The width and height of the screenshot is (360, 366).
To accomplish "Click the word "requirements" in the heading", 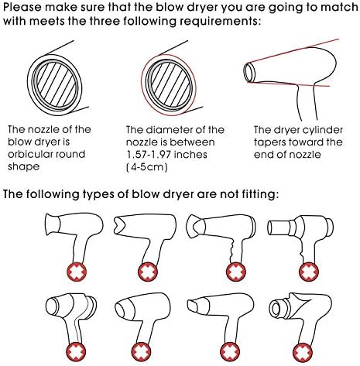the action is pyautogui.click(x=219, y=21).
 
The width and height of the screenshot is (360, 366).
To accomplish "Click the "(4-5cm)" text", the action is pyautogui.click(x=147, y=167).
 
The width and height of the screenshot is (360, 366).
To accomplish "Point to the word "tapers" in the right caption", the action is pyautogui.click(x=269, y=142).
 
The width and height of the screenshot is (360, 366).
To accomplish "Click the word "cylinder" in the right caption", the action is pyautogui.click(x=322, y=130).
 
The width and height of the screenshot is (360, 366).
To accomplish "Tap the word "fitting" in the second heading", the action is pyautogui.click(x=260, y=194).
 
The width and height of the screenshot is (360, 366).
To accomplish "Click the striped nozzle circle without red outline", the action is pyautogui.click(x=55, y=85).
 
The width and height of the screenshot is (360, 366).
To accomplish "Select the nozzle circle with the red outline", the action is pyautogui.click(x=169, y=85).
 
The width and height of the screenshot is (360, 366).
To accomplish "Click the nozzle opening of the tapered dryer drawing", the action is pyautogui.click(x=249, y=73).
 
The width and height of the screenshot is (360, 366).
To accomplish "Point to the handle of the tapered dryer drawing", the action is pyautogui.click(x=306, y=103).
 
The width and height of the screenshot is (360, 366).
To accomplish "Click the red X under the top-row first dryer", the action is pyautogui.click(x=77, y=272).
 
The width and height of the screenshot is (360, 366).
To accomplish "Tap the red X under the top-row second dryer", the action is pyautogui.click(x=148, y=272).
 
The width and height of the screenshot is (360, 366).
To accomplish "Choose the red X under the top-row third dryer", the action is pyautogui.click(x=236, y=272).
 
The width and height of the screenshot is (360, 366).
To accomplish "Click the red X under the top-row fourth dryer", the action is pyautogui.click(x=309, y=272).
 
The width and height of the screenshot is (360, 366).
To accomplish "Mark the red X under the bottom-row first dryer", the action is pyautogui.click(x=76, y=352).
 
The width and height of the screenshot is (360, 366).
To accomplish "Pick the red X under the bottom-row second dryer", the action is pyautogui.click(x=141, y=352).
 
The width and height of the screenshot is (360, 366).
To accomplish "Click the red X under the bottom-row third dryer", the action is pyautogui.click(x=230, y=352).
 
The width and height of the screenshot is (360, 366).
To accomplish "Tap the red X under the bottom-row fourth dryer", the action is pyautogui.click(x=303, y=352).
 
